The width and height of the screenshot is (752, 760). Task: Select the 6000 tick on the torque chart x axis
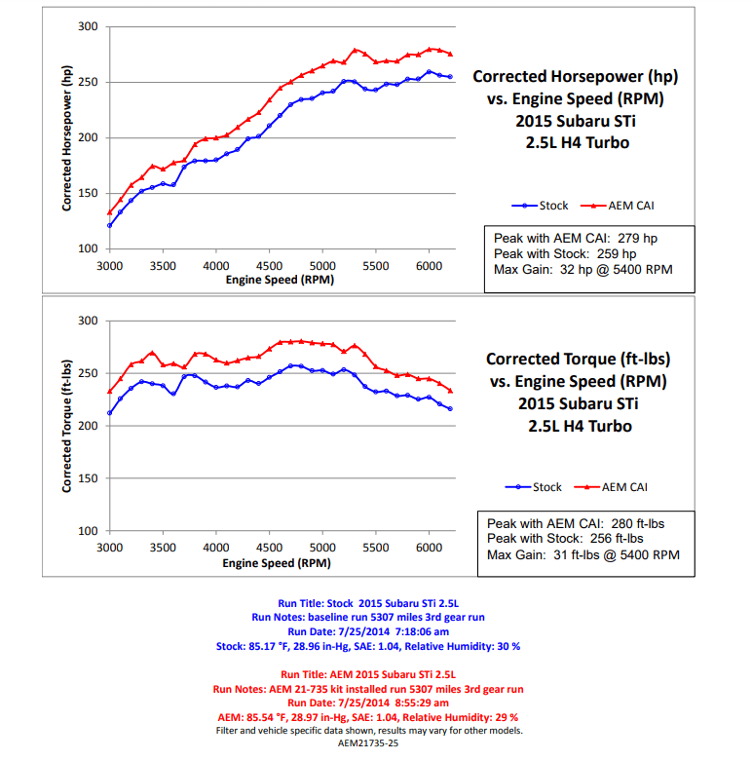point(429,549)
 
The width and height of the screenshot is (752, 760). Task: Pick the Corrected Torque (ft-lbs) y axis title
point(68,426)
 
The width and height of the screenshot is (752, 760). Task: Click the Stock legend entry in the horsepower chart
point(545,206)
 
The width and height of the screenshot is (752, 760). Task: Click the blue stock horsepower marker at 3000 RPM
point(109,225)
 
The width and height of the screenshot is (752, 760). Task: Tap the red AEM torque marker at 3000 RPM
point(109,392)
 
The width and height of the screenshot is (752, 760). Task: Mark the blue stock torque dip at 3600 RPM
point(173,393)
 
